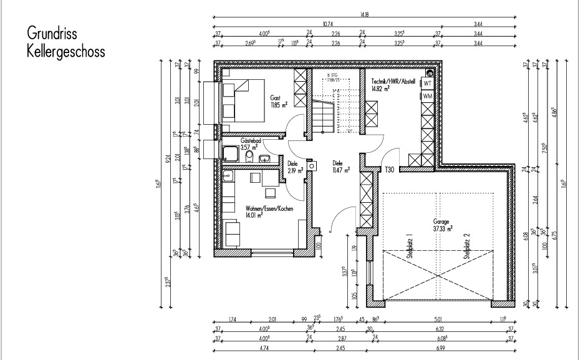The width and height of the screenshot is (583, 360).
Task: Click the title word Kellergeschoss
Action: (x=65, y=51)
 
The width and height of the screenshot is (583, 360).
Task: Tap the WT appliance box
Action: (x=428, y=83)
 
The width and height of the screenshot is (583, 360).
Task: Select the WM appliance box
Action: (x=428, y=97)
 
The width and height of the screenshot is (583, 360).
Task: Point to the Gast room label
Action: (x=275, y=99)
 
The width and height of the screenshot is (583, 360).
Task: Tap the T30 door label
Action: (x=389, y=170)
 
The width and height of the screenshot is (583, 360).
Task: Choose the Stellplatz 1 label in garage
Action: (x=410, y=246)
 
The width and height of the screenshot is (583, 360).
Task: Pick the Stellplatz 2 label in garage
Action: (x=466, y=246)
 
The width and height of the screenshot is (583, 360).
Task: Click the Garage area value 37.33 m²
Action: (x=443, y=228)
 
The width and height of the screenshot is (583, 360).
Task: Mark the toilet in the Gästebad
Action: (x=249, y=155)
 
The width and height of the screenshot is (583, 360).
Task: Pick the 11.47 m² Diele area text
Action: (x=341, y=169)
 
